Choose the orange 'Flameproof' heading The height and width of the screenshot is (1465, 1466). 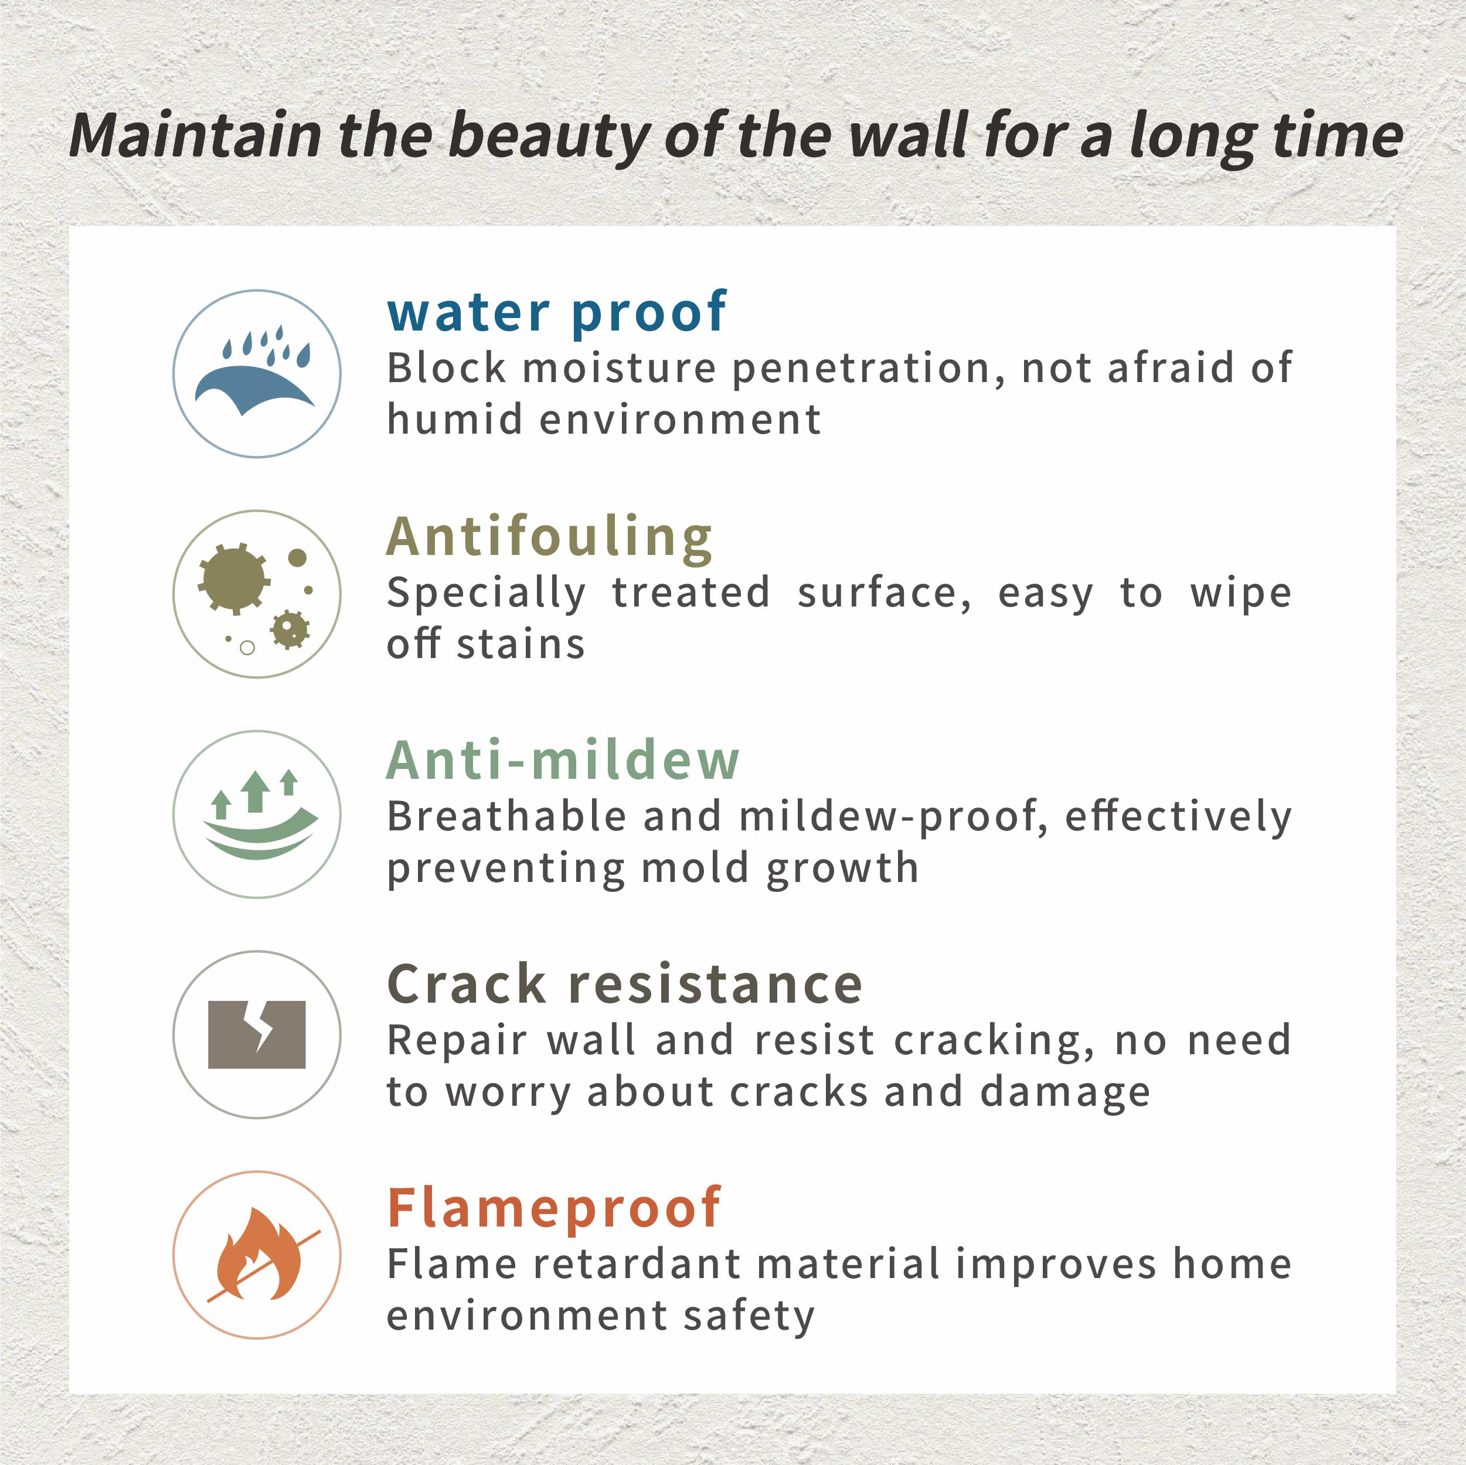point(554,1208)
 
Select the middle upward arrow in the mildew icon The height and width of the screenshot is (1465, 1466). point(256,791)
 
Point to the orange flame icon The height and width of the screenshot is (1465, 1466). point(258,1253)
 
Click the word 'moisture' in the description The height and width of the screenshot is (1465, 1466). point(620,369)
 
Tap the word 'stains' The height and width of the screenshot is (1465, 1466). point(521,645)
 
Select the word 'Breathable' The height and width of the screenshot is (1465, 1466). point(507,816)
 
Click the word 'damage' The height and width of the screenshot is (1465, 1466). point(1064,1094)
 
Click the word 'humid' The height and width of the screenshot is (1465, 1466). point(454,419)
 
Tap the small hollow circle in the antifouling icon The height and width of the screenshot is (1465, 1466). point(247,648)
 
